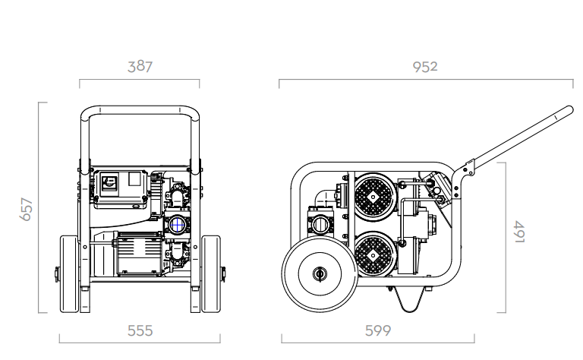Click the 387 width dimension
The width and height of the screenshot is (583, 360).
(x=140, y=67)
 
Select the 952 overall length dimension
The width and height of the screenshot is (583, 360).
(x=425, y=67)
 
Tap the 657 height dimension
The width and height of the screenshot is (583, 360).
(x=26, y=210)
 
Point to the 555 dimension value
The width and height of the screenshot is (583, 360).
(x=140, y=330)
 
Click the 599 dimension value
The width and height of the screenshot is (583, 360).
(x=378, y=330)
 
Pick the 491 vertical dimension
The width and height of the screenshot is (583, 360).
(x=519, y=232)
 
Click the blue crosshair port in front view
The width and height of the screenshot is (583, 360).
(x=178, y=225)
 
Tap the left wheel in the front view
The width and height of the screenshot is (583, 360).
(x=70, y=273)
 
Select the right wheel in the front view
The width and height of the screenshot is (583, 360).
(x=211, y=273)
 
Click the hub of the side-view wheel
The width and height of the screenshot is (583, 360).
(x=319, y=274)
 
